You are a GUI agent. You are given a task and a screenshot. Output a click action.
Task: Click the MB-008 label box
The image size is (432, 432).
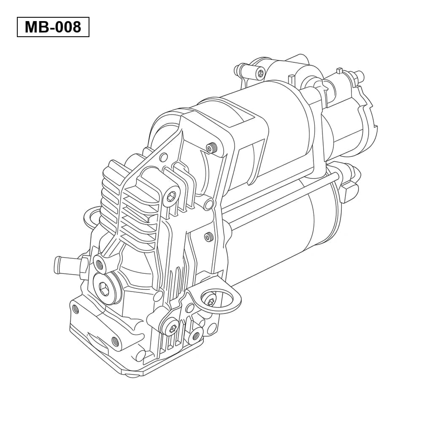click(53, 27)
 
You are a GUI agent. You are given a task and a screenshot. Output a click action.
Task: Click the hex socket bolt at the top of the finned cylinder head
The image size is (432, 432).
click(173, 197)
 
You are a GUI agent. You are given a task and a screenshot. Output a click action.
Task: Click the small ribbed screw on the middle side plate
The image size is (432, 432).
click(208, 236)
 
